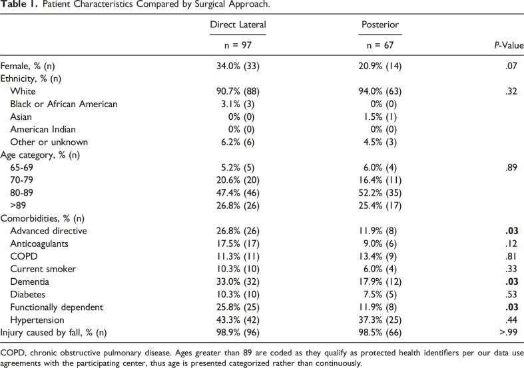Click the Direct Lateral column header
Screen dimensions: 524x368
[238, 25]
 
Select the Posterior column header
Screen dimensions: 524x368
[380, 25]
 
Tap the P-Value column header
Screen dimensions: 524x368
[509, 45]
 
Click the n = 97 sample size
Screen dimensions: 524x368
[238, 45]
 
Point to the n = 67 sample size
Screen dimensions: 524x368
[380, 45]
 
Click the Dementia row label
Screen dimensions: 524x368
[30, 282]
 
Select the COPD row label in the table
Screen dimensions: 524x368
[24, 256]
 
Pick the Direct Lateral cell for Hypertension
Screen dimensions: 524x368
[238, 320]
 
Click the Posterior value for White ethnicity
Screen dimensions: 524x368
[380, 91]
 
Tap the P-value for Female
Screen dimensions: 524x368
[511, 66]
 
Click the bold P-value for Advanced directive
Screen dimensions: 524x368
[511, 231]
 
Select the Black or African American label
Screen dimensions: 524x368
[64, 104]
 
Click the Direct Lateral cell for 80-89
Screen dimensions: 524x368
[238, 193]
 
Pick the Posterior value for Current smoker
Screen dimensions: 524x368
[380, 269]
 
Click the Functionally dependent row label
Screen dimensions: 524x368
[57, 307]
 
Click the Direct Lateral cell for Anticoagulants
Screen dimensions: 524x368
[238, 244]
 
